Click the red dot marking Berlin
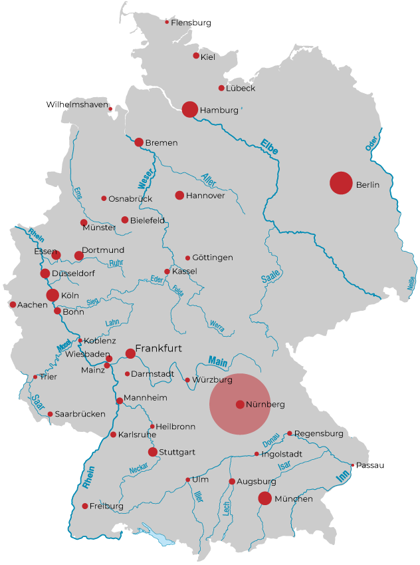[x=341, y=183]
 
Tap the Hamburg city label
[x=219, y=110]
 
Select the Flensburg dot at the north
[x=167, y=22]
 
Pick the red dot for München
[x=264, y=498]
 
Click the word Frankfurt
[x=158, y=348]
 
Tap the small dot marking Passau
[x=352, y=465]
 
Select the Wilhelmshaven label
[x=76, y=104]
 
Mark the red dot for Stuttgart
[x=153, y=452]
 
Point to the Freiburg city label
[x=107, y=506]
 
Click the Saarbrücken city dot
[x=50, y=414]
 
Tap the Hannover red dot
[x=179, y=195]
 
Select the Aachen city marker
[x=13, y=305]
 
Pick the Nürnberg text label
[x=265, y=405]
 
